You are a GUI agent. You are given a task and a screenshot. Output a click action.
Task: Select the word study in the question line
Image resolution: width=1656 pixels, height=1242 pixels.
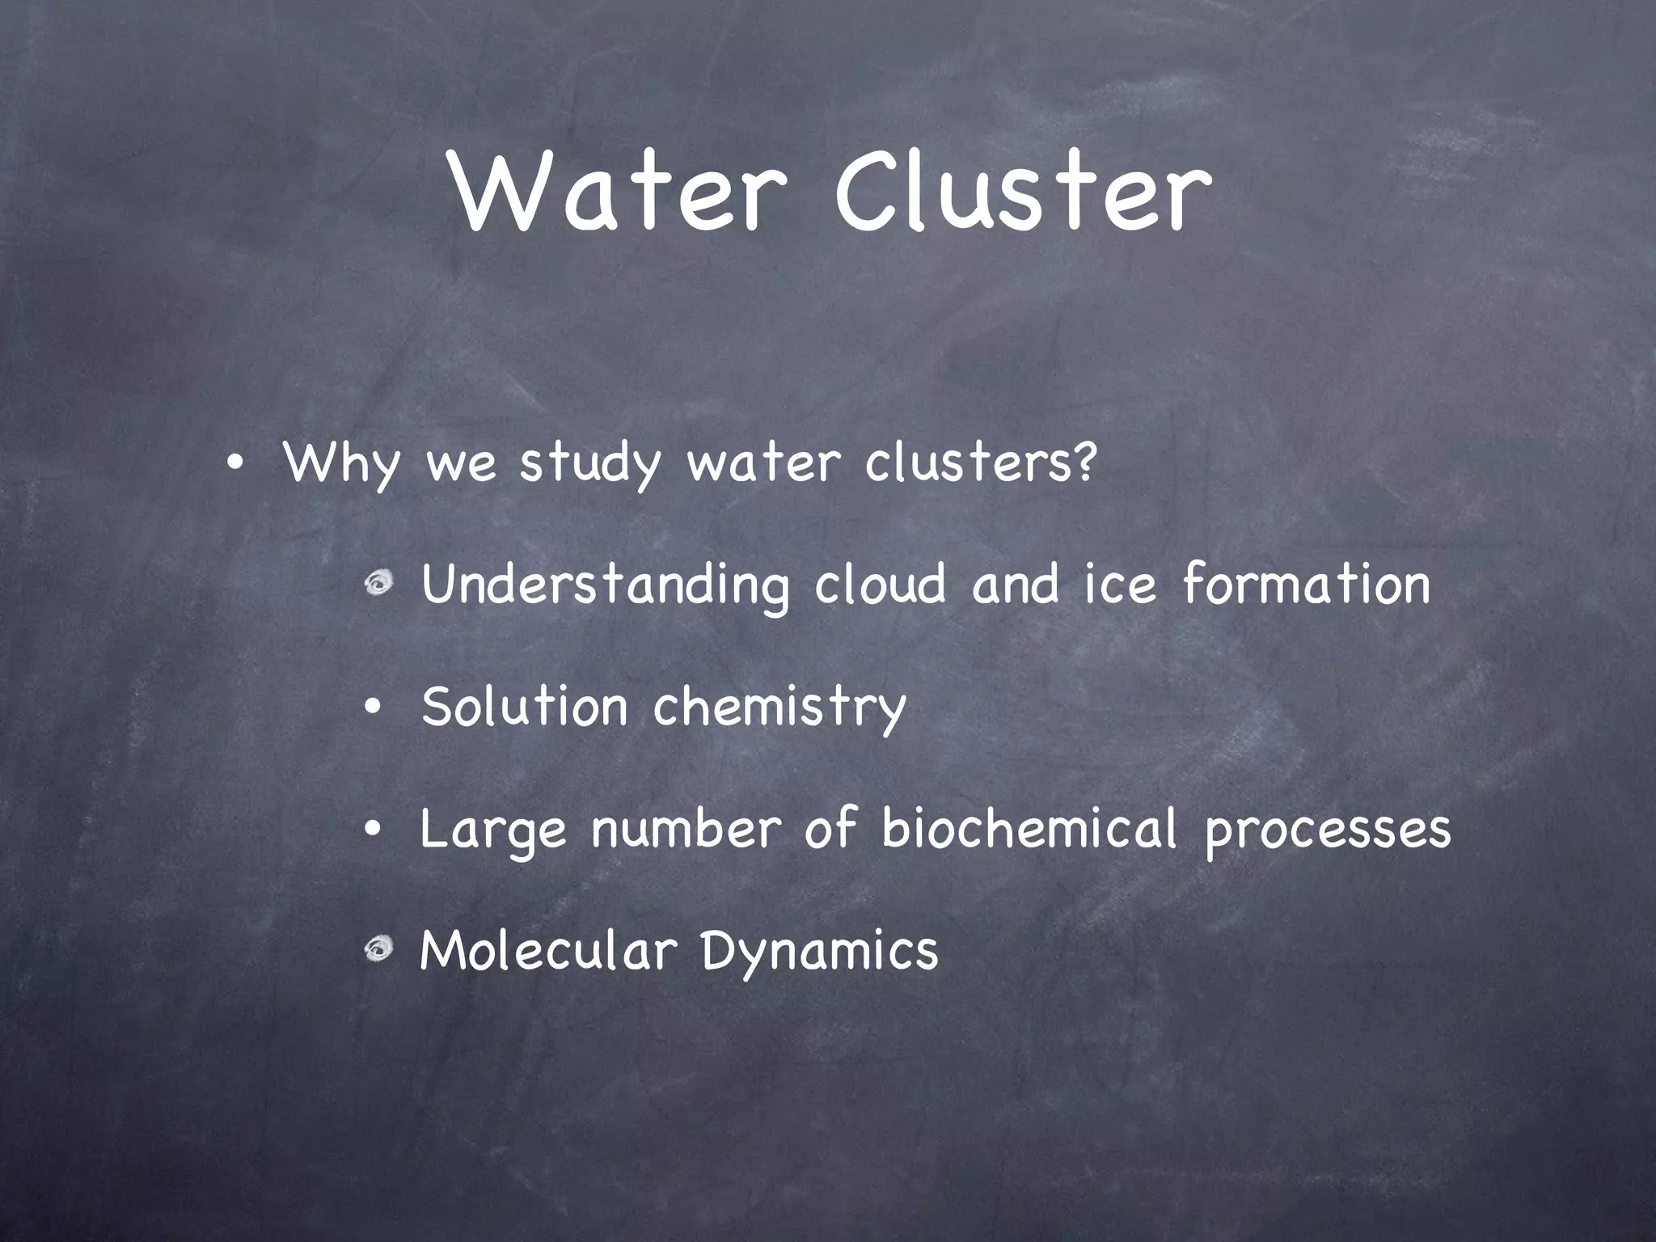click(589, 464)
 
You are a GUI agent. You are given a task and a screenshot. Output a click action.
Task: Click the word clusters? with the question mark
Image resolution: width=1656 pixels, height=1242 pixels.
click(981, 463)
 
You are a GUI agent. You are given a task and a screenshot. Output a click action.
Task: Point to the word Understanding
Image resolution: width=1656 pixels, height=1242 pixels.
click(605, 585)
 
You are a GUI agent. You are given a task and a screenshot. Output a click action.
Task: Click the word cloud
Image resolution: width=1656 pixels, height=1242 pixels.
click(880, 584)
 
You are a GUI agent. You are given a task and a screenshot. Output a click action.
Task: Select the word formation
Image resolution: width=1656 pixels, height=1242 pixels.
click(1306, 584)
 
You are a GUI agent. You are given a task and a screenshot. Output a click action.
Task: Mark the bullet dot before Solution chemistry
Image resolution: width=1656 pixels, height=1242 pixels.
click(372, 708)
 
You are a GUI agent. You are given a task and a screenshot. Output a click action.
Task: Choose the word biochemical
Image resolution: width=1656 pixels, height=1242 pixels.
click(1029, 828)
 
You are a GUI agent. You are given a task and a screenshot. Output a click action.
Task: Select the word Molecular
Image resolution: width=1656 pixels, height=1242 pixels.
click(548, 950)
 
